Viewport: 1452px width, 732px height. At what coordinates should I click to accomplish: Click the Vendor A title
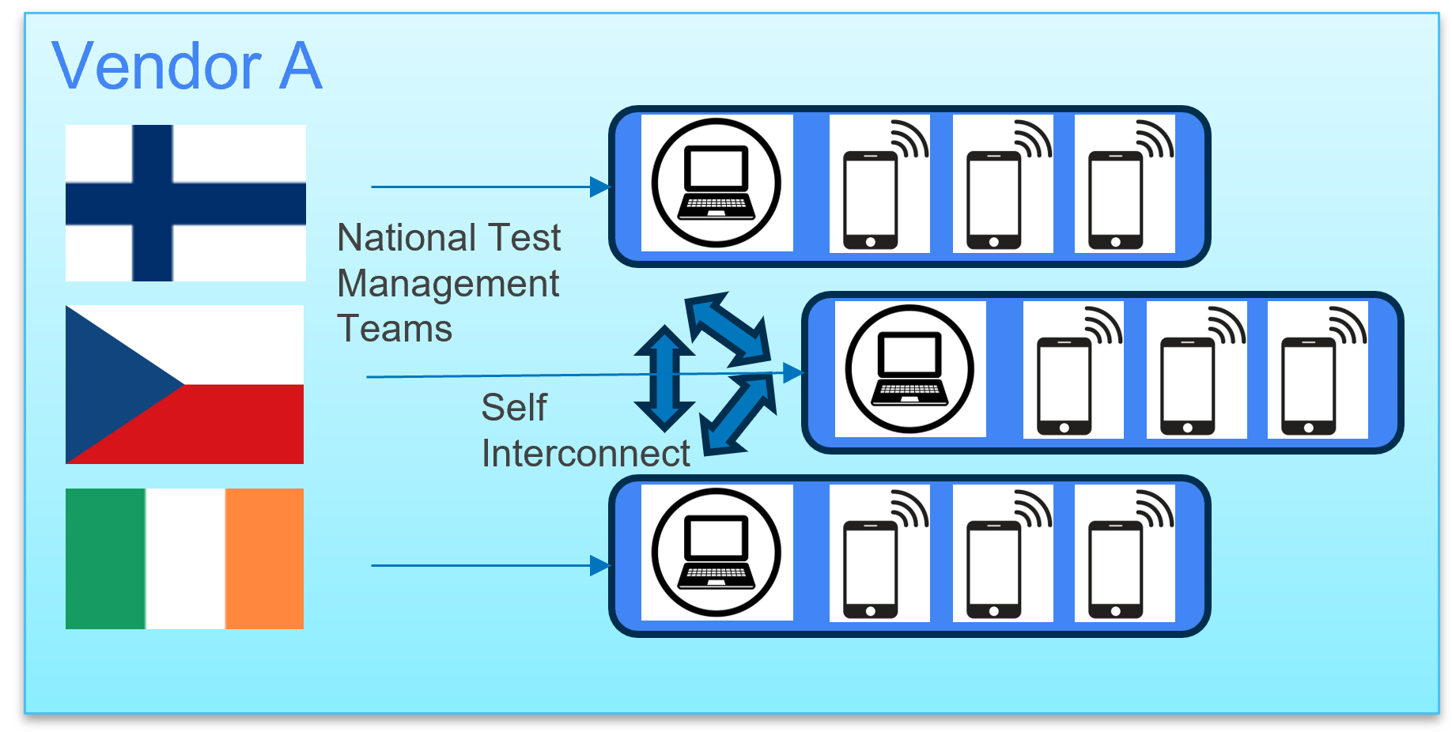coord(187,66)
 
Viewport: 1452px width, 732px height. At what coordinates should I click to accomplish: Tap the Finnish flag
coord(186,202)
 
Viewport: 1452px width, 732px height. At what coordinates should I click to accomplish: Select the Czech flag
coord(184,384)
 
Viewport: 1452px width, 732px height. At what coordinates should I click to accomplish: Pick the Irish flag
coord(184,558)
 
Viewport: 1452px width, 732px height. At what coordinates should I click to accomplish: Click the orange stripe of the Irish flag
coord(264,558)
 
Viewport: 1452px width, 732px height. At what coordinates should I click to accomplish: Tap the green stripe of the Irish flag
coord(105,558)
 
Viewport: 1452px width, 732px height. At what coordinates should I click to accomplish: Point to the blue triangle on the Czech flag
coord(111,384)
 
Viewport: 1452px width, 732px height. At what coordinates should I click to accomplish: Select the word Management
coord(448,283)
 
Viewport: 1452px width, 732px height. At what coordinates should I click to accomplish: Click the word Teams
coord(394,328)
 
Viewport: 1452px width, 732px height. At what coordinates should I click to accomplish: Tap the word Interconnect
coord(585,453)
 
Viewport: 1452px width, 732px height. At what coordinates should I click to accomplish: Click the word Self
coord(514,408)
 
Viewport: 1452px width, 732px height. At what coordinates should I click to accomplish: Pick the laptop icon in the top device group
coord(717,183)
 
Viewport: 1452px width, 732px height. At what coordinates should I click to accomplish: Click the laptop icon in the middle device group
coord(909,369)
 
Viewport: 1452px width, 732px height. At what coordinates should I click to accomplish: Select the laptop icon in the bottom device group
coord(717,553)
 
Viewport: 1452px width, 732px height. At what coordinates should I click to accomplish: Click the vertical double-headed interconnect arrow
coord(664,378)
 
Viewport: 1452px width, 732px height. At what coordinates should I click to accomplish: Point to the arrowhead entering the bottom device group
coord(601,565)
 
